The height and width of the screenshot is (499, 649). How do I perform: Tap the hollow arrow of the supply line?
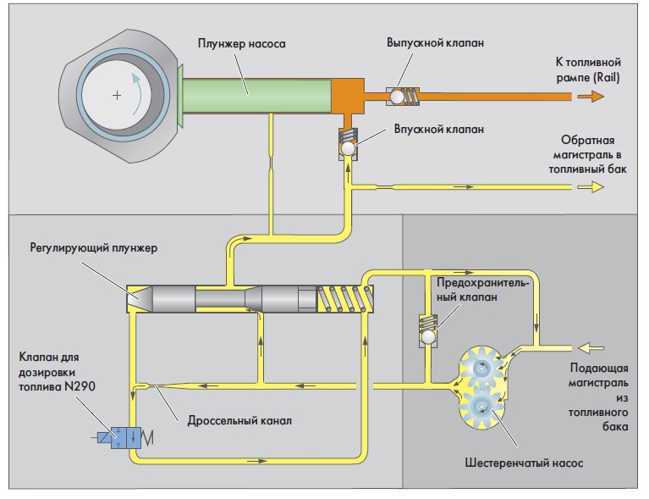pos(590,347)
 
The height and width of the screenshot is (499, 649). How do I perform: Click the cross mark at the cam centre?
pos(116,95)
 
